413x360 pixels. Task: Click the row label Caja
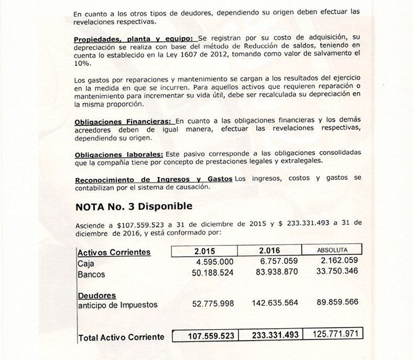(84, 263)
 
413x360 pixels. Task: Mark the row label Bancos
(91, 274)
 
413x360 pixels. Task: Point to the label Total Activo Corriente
(121, 337)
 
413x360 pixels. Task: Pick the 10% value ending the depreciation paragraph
(82, 63)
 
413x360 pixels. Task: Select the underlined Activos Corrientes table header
(114, 252)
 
